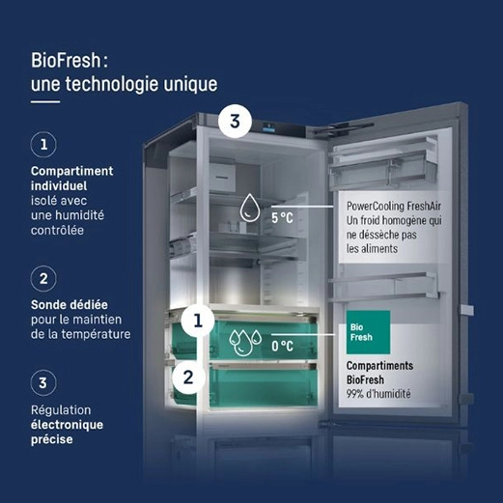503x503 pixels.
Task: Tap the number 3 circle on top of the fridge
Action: click(x=236, y=123)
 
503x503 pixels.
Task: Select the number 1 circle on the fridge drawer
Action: click(x=198, y=321)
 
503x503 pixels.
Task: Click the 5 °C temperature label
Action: click(x=282, y=218)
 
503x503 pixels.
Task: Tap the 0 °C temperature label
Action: click(x=282, y=345)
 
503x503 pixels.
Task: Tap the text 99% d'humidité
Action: click(x=384, y=394)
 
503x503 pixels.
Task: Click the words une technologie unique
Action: click(x=124, y=85)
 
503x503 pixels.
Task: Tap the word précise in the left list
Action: click(x=52, y=440)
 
